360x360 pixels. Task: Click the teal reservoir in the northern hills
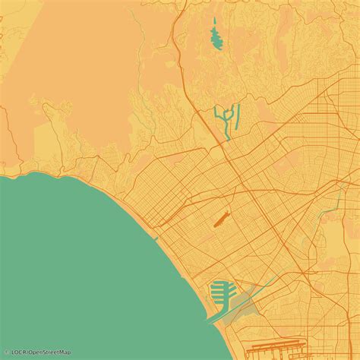pyautogui.click(x=216, y=36)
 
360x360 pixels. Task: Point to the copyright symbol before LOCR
pyautogui.click(x=7, y=352)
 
